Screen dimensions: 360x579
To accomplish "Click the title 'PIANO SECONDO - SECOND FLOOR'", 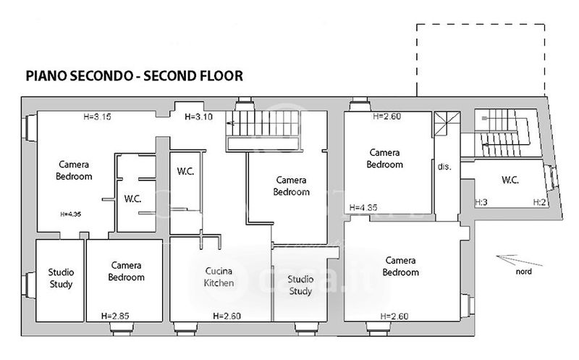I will click(134, 75).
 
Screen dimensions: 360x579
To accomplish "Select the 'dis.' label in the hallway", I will click(444, 167).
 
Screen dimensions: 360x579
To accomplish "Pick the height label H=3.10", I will click(199, 117).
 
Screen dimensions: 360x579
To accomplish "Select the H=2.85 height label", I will click(114, 316).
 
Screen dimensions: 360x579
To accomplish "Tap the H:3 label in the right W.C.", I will click(481, 202).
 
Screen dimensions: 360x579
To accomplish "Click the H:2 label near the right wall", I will click(538, 202).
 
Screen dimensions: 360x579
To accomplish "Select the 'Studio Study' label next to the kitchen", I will click(300, 285).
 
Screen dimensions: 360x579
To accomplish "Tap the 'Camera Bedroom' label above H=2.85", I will click(127, 271).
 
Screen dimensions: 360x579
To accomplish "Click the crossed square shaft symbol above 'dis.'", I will click(447, 123).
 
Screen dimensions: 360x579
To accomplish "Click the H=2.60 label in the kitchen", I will click(227, 316).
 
